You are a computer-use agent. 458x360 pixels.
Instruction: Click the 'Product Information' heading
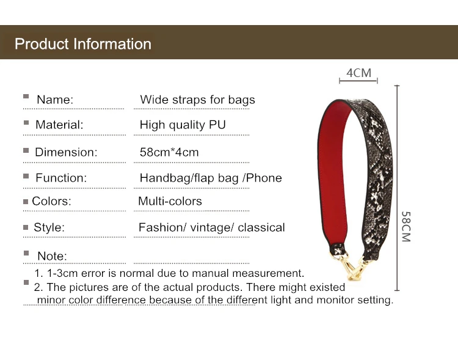pyautogui.click(x=83, y=44)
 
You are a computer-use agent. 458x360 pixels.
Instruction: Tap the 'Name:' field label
pyautogui.click(x=55, y=100)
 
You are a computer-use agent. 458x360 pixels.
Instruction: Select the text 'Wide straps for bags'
pyautogui.click(x=197, y=100)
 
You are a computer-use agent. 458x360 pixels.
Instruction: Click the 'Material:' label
pyautogui.click(x=59, y=125)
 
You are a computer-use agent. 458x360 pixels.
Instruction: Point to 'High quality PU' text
pyautogui.click(x=183, y=125)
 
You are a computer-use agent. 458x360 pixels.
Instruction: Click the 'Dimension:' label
pyautogui.click(x=66, y=152)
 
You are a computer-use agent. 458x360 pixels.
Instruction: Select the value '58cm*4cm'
pyautogui.click(x=169, y=152)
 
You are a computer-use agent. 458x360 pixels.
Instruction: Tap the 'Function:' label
pyautogui.click(x=61, y=178)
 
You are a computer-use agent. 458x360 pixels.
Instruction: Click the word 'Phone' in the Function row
pyautogui.click(x=264, y=178)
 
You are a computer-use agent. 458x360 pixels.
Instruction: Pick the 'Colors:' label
pyautogui.click(x=51, y=201)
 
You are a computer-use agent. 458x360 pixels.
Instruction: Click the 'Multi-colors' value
pyautogui.click(x=170, y=201)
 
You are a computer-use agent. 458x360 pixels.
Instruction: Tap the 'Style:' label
pyautogui.click(x=49, y=227)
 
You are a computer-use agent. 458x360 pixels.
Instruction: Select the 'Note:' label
pyautogui.click(x=52, y=256)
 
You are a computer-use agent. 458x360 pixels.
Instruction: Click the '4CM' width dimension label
pyautogui.click(x=358, y=73)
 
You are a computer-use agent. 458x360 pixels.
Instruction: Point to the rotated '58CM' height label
pyautogui.click(x=406, y=227)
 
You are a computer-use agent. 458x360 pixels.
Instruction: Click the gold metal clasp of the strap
pyautogui.click(x=354, y=265)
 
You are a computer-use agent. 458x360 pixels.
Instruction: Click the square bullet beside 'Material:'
pyautogui.click(x=26, y=123)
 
